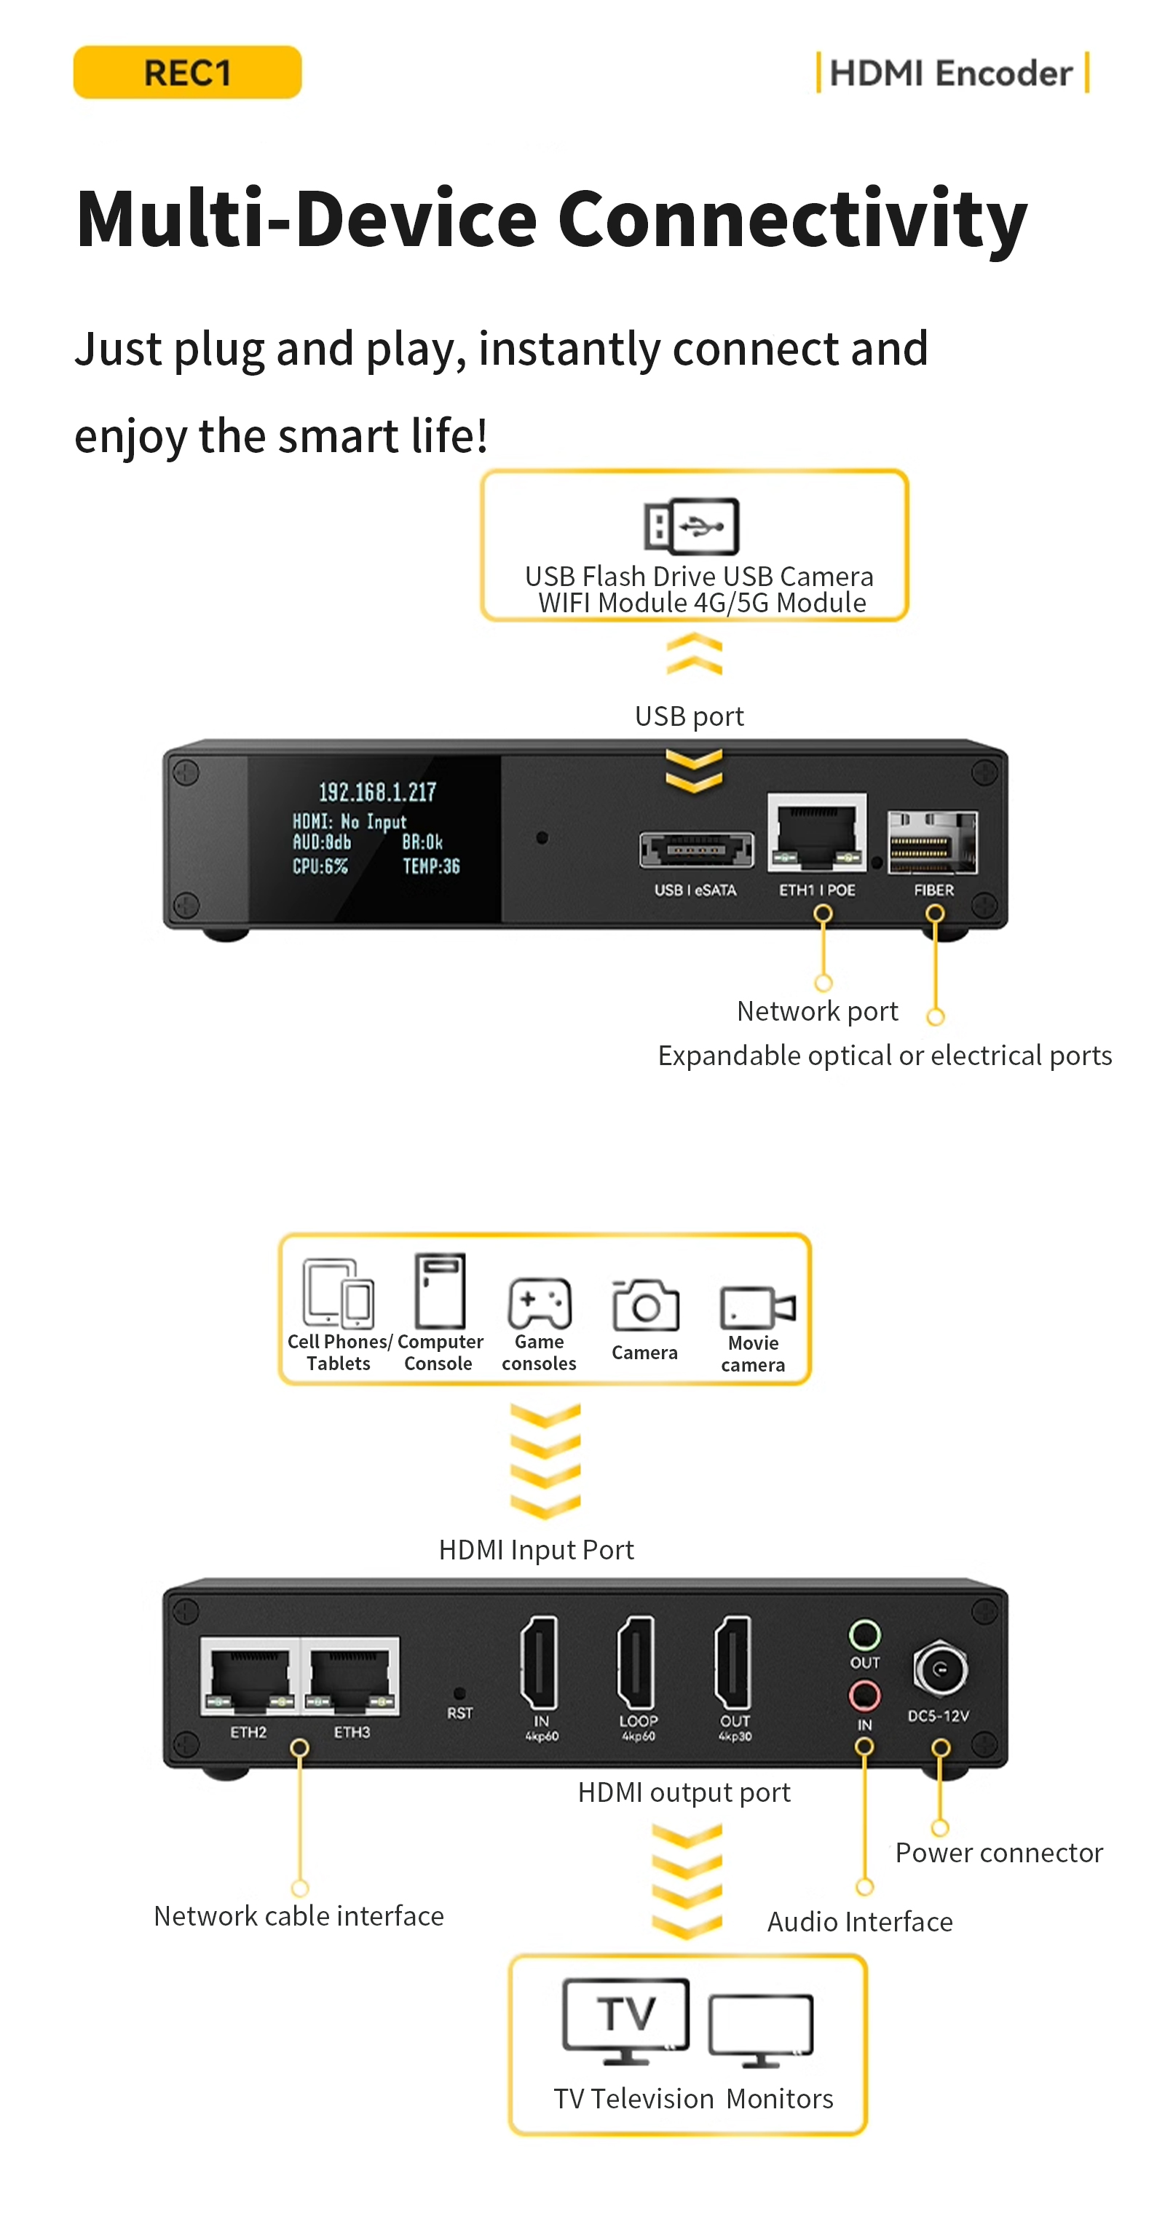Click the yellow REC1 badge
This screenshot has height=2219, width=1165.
coord(187,72)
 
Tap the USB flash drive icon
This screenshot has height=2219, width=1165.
coord(691,526)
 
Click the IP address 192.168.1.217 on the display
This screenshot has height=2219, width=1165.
coord(377,791)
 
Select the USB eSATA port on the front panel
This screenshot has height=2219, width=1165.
coord(696,850)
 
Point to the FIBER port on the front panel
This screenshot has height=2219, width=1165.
coord(932,842)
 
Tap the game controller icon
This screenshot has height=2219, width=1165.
coord(540,1304)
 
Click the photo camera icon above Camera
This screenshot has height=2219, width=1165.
coord(645,1305)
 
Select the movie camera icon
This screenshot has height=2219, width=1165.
coord(757,1308)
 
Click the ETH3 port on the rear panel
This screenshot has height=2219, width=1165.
coord(349,1675)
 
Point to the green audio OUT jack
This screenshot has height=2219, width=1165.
coord(864,1634)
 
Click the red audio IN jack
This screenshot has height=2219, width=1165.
coord(864,1696)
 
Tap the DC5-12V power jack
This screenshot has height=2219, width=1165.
coord(940,1668)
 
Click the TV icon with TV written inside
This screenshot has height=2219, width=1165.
coord(626,2021)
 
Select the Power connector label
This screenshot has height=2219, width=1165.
coord(999,1852)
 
